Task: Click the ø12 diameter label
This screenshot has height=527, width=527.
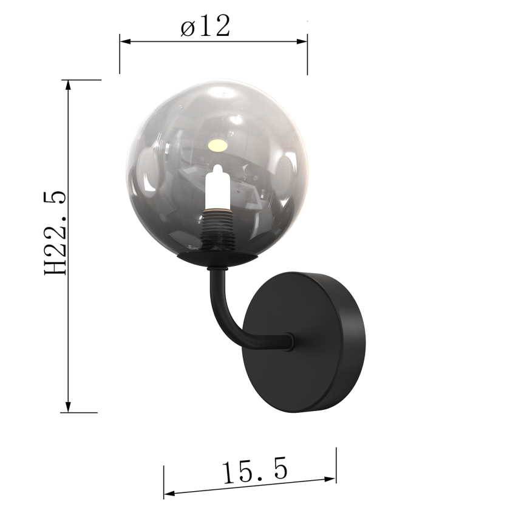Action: (206, 27)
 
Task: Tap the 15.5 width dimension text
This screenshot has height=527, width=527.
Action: (254, 472)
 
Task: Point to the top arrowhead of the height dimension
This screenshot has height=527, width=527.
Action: (69, 84)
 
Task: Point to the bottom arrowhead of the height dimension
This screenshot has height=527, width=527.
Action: (69, 407)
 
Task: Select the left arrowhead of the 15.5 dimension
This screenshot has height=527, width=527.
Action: (168, 492)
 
